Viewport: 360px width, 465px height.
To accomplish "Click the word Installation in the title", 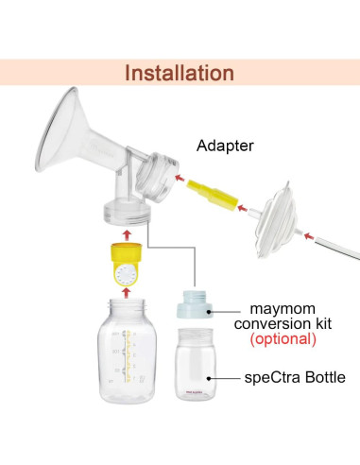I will click(180, 73).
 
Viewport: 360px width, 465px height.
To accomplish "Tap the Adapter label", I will click(226, 146).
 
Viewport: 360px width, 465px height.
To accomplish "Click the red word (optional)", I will click(283, 337).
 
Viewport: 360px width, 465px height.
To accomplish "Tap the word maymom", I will click(283, 307).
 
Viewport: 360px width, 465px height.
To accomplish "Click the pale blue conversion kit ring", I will click(199, 308).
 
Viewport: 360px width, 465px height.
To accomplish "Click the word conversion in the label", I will click(283, 322).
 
